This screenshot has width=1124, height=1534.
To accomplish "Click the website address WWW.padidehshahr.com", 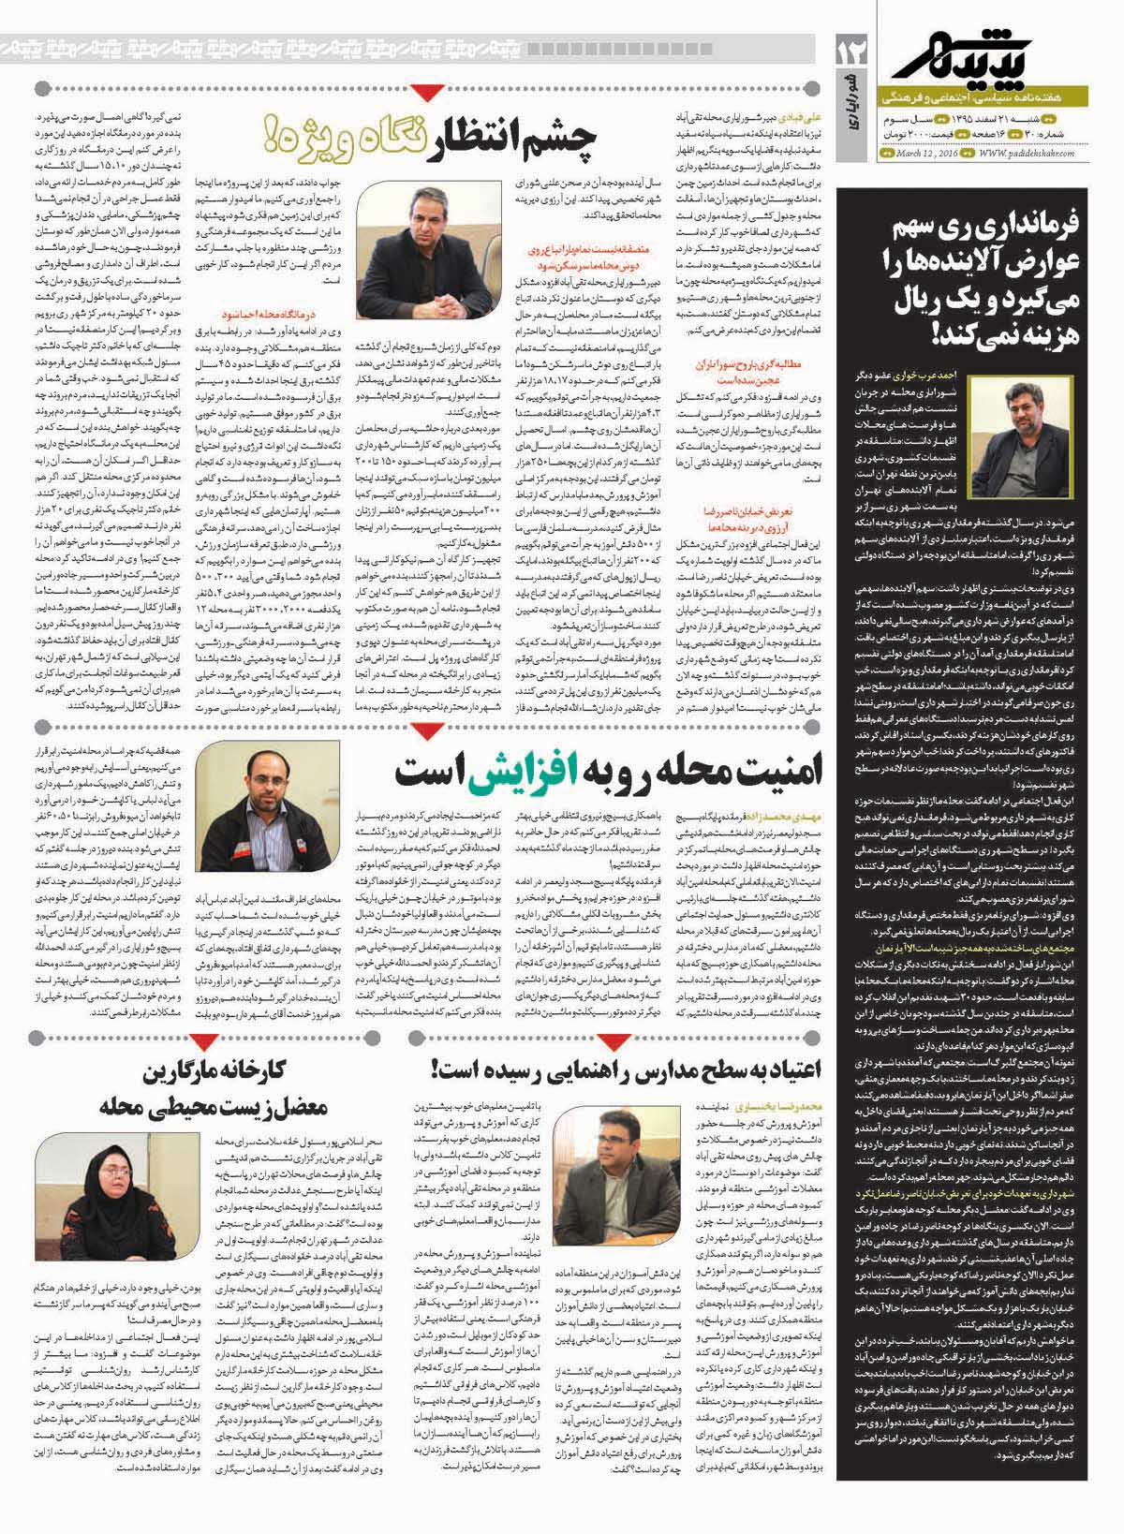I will [1026, 155].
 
